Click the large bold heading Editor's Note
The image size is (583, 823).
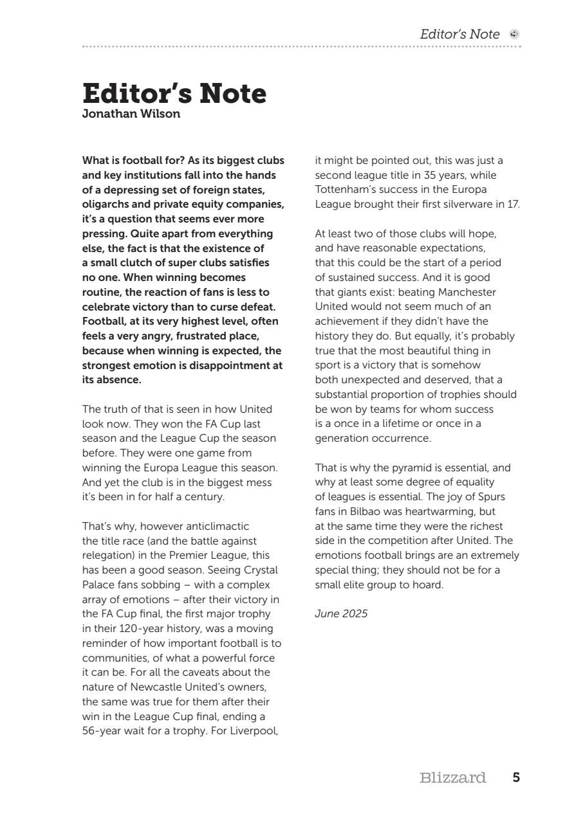(x=174, y=94)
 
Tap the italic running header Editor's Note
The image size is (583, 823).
(x=459, y=35)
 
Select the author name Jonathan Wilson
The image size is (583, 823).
(x=131, y=114)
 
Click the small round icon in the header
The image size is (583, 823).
(x=514, y=35)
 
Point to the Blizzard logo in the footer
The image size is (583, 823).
(x=452, y=778)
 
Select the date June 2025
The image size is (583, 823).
(x=341, y=613)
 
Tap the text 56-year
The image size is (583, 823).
(x=104, y=731)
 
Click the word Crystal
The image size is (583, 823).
(x=261, y=570)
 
